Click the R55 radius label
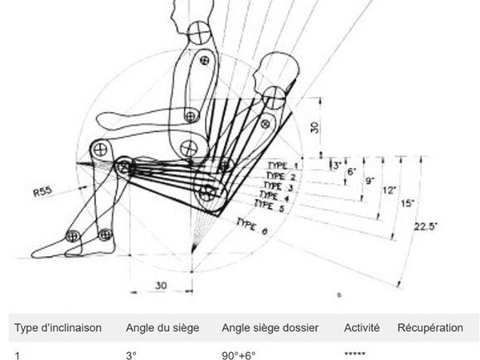pyautogui.click(x=45, y=192)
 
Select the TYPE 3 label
pyautogui.click(x=278, y=186)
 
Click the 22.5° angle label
pyautogui.click(x=426, y=226)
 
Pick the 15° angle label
pyautogui.click(x=406, y=203)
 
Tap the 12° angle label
pyautogui.click(x=389, y=190)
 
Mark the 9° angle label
pyautogui.click(x=370, y=181)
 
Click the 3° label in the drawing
pyautogui.click(x=336, y=166)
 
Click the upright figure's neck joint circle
pyautogui.click(x=198, y=33)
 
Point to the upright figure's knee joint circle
pyautogui.click(x=101, y=149)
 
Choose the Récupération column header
pyautogui.click(x=430, y=328)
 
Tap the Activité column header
pyautogui.click(x=362, y=328)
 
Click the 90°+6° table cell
pyautogui.click(x=238, y=353)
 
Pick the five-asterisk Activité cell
pyautogui.click(x=356, y=353)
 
